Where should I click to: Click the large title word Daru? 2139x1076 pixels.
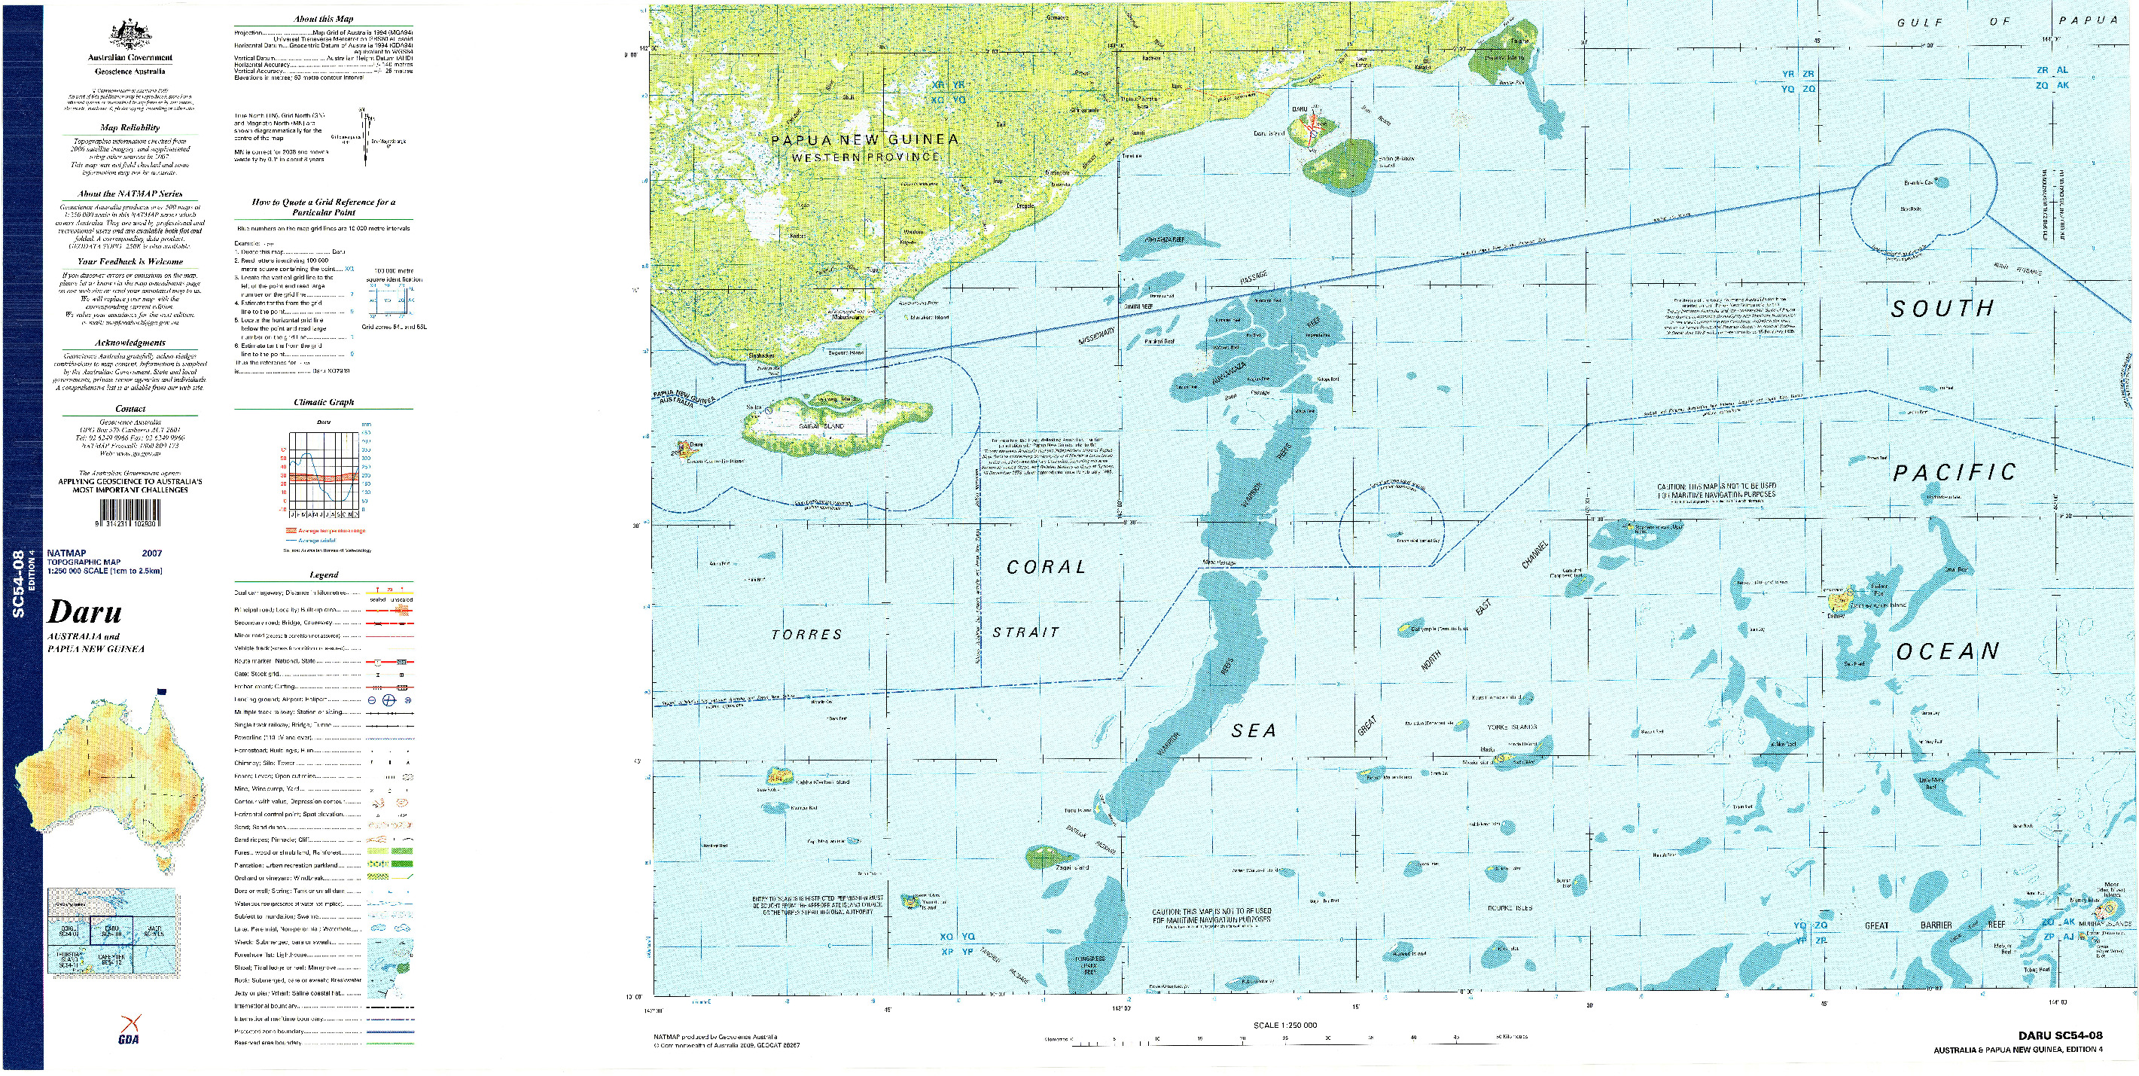pos(84,613)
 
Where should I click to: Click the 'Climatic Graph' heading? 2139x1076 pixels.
pos(324,403)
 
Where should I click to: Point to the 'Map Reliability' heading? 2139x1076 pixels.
pos(129,128)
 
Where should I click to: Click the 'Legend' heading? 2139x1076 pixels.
pos(324,575)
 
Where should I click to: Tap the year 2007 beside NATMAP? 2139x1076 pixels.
pos(152,553)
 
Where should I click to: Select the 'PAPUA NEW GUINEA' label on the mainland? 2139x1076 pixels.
pos(864,139)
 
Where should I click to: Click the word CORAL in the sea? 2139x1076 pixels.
pos(1046,567)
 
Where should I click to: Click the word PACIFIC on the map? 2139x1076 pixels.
pos(1954,472)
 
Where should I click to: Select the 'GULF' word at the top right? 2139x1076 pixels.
pos(1921,23)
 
